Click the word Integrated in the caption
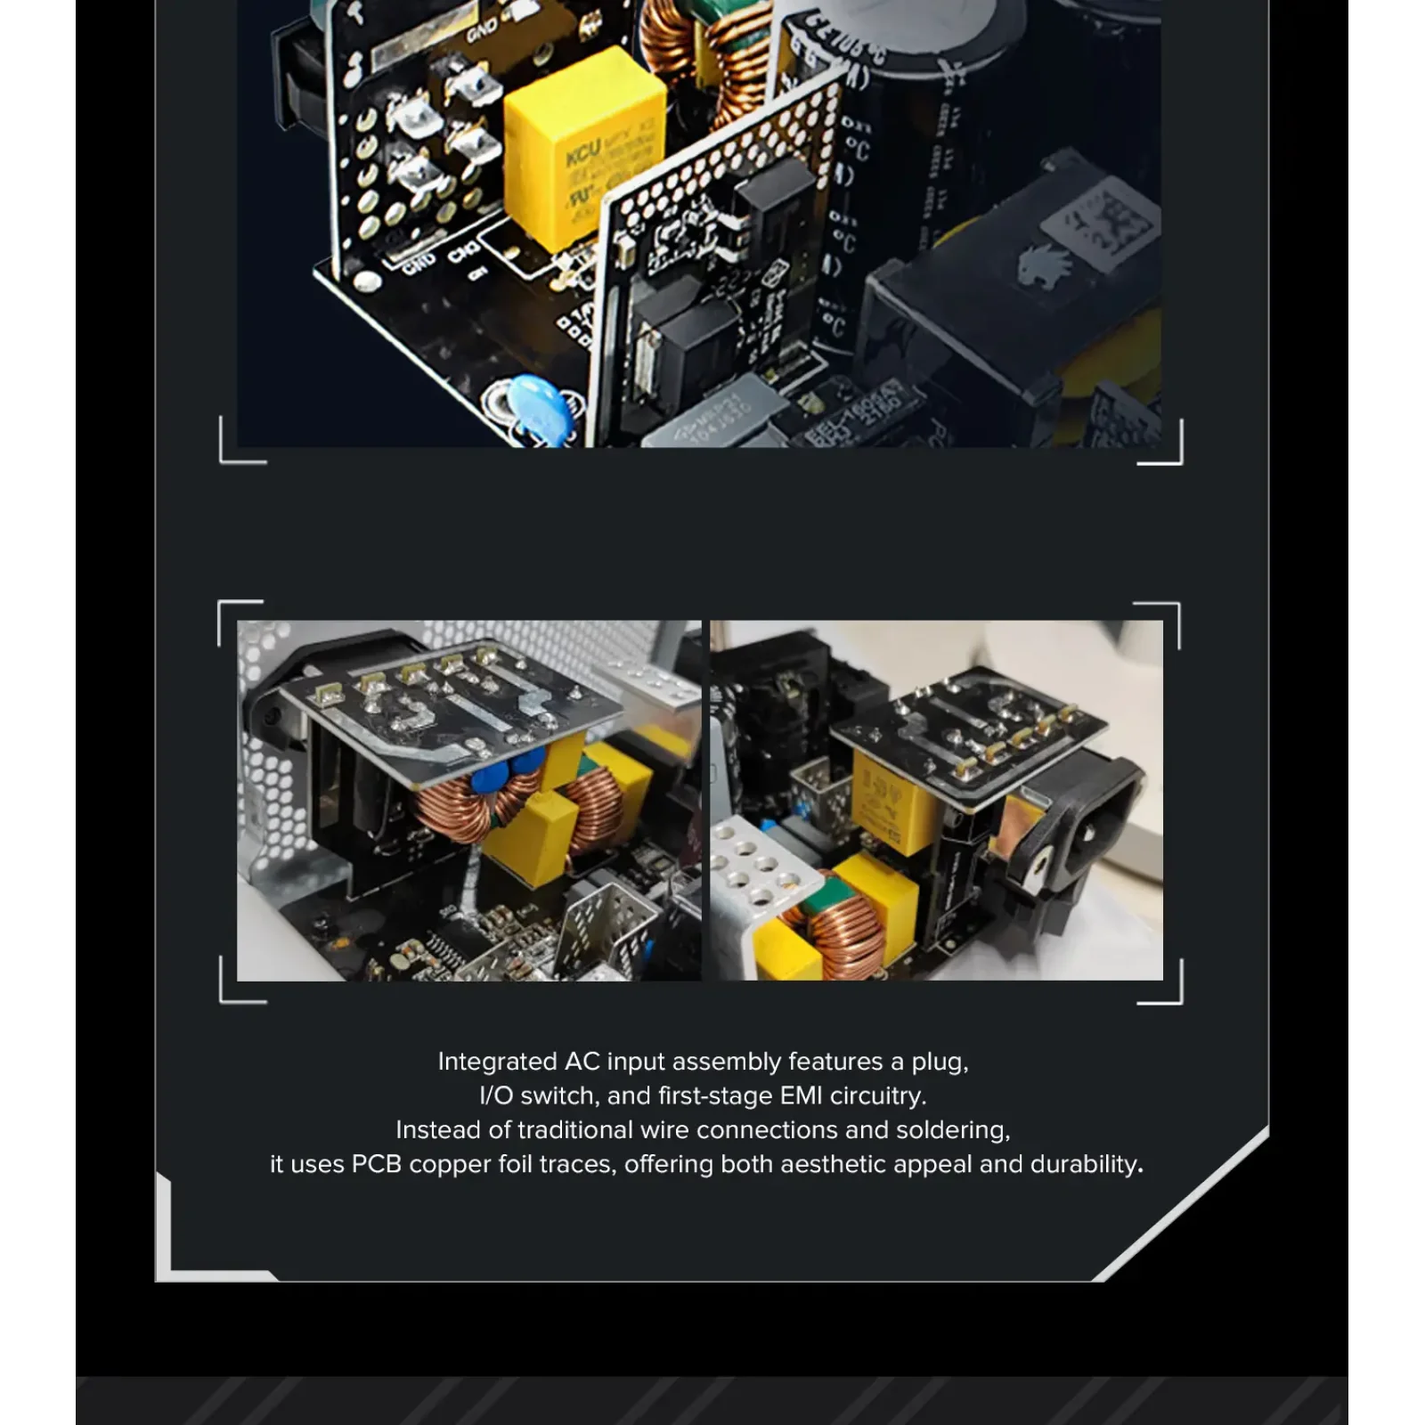(497, 1062)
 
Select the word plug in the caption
(938, 1062)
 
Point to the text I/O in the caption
(495, 1095)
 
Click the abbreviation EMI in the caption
(802, 1095)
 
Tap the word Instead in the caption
(436, 1130)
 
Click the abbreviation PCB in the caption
(377, 1164)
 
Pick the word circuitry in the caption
(878, 1095)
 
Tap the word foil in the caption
(512, 1164)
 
